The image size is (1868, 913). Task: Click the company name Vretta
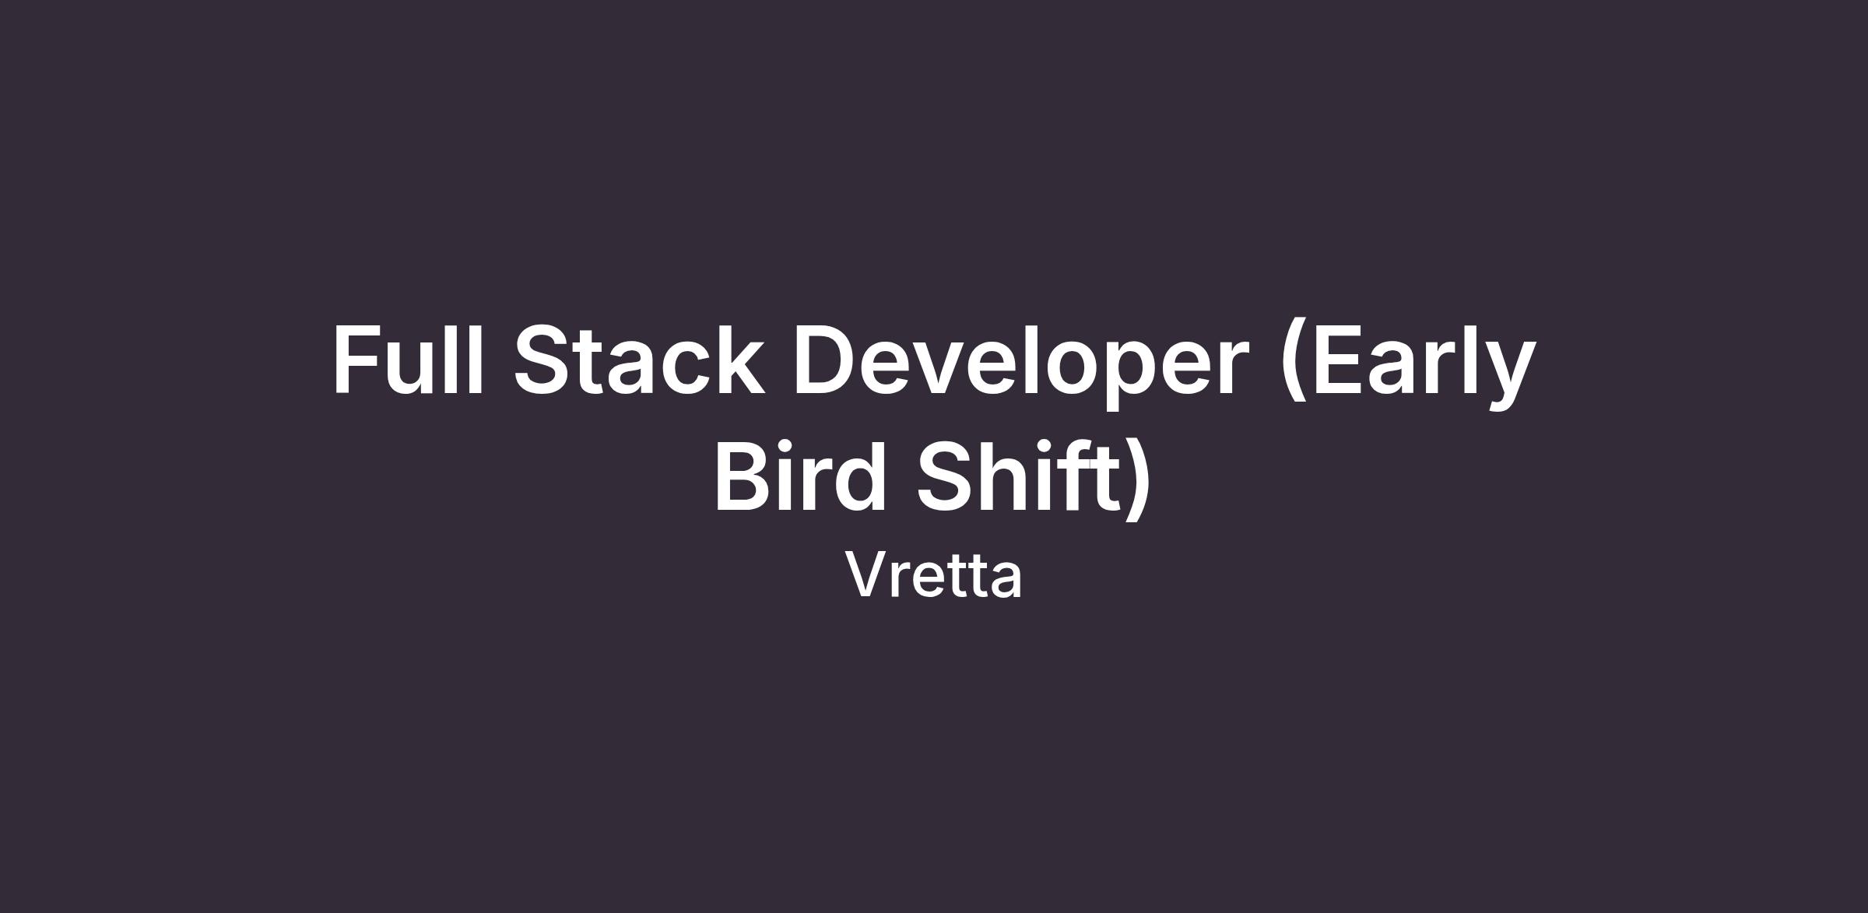pyautogui.click(x=934, y=575)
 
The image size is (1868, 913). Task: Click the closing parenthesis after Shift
pyautogui.click(x=1137, y=478)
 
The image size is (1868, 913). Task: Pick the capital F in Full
pyautogui.click(x=357, y=360)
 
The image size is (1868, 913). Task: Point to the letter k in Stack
pyautogui.click(x=739, y=360)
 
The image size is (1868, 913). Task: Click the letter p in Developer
pyautogui.click(x=1111, y=377)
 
